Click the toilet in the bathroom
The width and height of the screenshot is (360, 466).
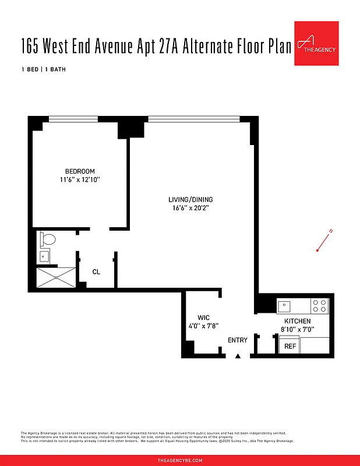tap(47, 239)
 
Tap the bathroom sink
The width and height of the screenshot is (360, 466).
tap(45, 256)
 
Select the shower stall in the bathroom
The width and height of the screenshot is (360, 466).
tap(56, 277)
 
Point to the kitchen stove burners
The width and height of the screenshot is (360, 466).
tap(320, 306)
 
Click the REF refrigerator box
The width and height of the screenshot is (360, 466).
tap(290, 346)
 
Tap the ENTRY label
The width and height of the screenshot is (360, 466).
tap(238, 340)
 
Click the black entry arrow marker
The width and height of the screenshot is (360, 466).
tap(238, 356)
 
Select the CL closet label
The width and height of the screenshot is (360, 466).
tap(96, 272)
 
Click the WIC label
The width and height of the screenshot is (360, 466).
tap(203, 317)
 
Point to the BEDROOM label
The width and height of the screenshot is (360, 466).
tap(80, 171)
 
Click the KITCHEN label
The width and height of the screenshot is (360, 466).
tap(297, 321)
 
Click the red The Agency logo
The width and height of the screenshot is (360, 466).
tap(316, 44)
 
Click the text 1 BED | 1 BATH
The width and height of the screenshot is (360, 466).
tap(43, 70)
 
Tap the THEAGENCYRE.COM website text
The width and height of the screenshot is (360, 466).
tap(180, 460)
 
